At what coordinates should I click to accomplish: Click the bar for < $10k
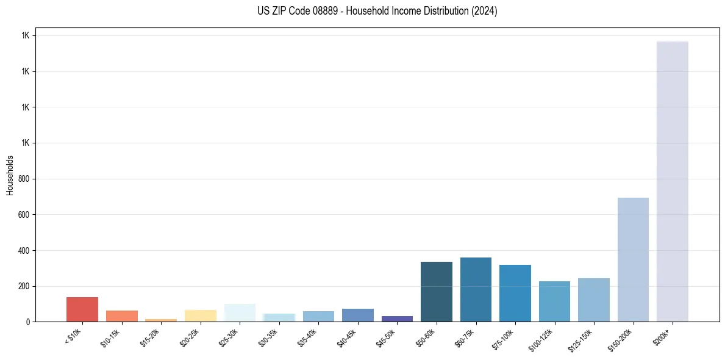(82, 309)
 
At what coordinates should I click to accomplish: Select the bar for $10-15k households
(121, 316)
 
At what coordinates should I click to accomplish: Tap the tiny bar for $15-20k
(161, 320)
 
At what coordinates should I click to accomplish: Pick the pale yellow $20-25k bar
(200, 315)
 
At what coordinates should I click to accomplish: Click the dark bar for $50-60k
(437, 292)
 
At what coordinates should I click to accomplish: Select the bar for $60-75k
(476, 289)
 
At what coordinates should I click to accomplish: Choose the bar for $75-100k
(515, 293)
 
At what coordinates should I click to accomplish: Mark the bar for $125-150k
(594, 300)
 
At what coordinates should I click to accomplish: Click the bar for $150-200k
(633, 259)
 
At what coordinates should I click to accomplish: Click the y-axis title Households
(10, 175)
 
